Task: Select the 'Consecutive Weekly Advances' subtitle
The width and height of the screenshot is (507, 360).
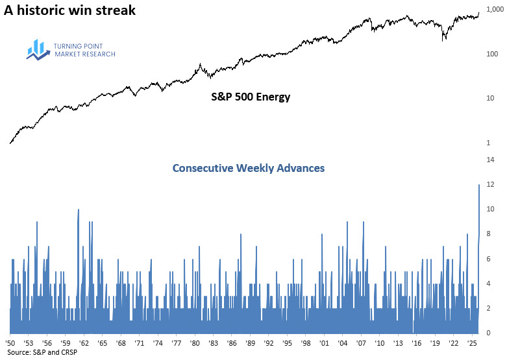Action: pyautogui.click(x=249, y=168)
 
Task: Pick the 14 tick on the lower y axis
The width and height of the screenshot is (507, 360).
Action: pyautogui.click(x=491, y=160)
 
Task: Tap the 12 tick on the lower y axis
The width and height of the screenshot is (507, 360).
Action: pyautogui.click(x=491, y=184)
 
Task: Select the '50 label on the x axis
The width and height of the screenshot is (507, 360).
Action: pyautogui.click(x=10, y=342)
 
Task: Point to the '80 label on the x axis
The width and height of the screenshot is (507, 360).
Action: pyautogui.click(x=194, y=342)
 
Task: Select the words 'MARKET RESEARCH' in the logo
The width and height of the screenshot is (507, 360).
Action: pyautogui.click(x=84, y=54)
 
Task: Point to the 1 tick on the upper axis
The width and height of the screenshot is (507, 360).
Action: pyautogui.click(x=488, y=143)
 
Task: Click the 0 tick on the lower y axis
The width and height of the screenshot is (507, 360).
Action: pyautogui.click(x=489, y=333)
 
